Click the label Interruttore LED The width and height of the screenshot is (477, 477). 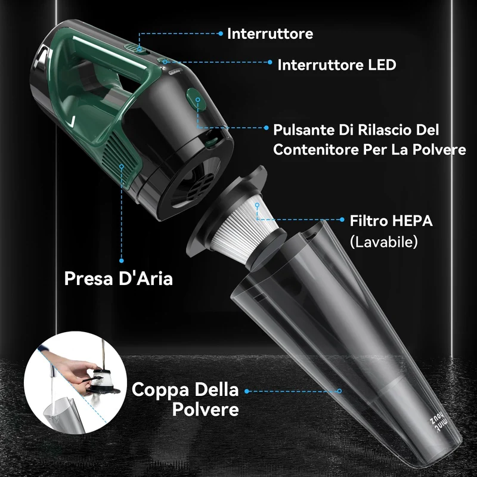337,65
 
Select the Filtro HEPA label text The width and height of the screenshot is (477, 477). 391,221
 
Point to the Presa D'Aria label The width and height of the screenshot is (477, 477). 118,278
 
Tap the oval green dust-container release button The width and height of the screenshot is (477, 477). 196,100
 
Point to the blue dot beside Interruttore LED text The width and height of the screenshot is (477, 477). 270,62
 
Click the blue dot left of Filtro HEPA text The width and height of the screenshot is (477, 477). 342,219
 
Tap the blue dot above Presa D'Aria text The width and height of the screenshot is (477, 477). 122,261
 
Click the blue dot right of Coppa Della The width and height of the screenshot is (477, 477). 247,391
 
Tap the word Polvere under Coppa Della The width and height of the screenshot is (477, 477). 205,409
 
